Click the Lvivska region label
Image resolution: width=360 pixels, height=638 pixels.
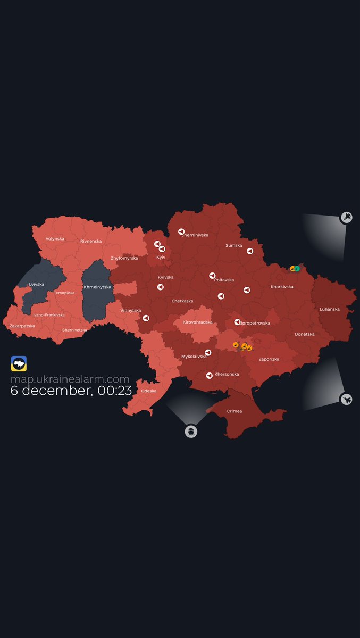37,284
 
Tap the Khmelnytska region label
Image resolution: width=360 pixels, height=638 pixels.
97,287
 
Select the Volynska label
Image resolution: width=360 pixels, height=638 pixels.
55,238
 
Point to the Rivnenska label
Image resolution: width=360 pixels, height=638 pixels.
91,241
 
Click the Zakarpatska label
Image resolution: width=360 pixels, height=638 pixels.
22,325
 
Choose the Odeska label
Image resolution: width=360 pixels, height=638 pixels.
149,391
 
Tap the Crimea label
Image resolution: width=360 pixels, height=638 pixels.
235,411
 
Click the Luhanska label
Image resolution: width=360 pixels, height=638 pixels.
330,309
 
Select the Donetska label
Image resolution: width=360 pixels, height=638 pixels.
305,334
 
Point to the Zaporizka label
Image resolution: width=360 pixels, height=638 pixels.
269,359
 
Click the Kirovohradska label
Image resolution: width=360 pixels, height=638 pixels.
197,322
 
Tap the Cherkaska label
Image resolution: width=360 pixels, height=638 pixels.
182,301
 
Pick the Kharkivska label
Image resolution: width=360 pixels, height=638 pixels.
282,287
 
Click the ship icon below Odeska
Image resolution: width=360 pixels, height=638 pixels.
191,432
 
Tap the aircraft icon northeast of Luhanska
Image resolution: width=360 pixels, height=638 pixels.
347,217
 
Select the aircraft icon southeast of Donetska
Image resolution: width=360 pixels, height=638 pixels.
346,399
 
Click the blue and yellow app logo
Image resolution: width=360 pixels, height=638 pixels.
19,364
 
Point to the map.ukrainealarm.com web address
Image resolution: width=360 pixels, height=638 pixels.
70,379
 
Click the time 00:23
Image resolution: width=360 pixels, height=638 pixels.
115,390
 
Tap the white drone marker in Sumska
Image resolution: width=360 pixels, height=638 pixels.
249,251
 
